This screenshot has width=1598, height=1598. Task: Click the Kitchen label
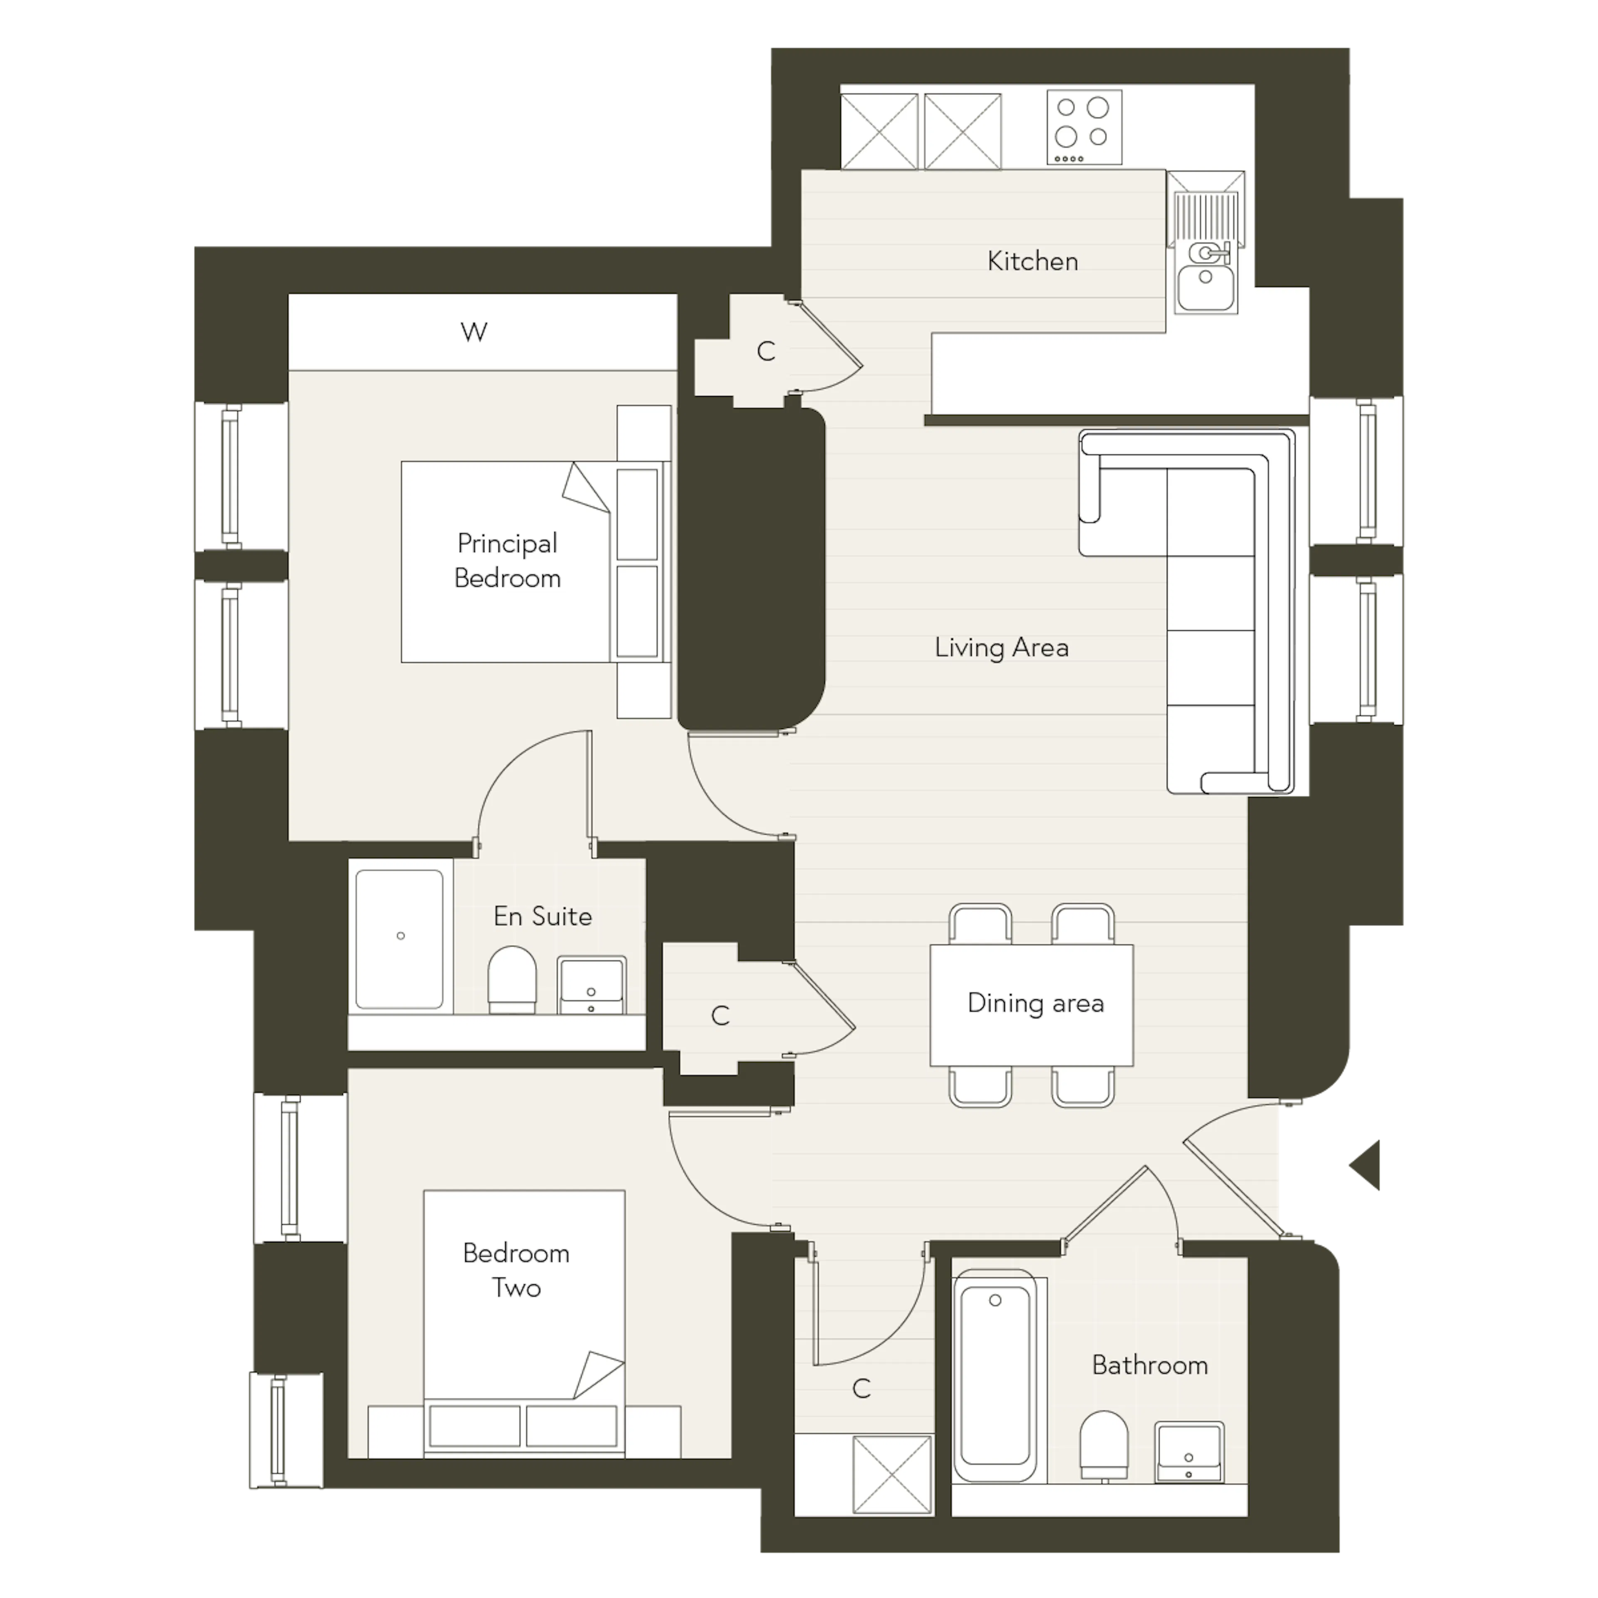pos(1032,261)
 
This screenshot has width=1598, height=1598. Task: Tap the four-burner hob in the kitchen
pos(1084,127)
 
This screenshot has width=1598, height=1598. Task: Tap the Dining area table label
pos(1035,1003)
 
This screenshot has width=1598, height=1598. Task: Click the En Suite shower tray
pos(399,939)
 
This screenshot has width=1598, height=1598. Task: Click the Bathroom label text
pos(1150,1365)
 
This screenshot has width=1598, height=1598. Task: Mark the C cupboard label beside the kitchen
pos(766,352)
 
